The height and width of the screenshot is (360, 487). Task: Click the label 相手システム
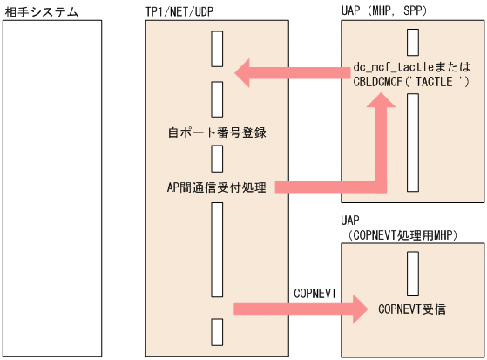pyautogui.click(x=41, y=12)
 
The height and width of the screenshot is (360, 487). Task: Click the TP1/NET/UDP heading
pyautogui.click(x=182, y=12)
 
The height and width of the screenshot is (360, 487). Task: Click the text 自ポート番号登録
pyautogui.click(x=216, y=134)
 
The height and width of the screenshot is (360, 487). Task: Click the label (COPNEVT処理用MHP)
pyautogui.click(x=402, y=235)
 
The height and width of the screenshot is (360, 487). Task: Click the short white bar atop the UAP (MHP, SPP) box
pyautogui.click(x=413, y=43)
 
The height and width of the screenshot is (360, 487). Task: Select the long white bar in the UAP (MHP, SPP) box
pyautogui.click(x=413, y=140)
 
